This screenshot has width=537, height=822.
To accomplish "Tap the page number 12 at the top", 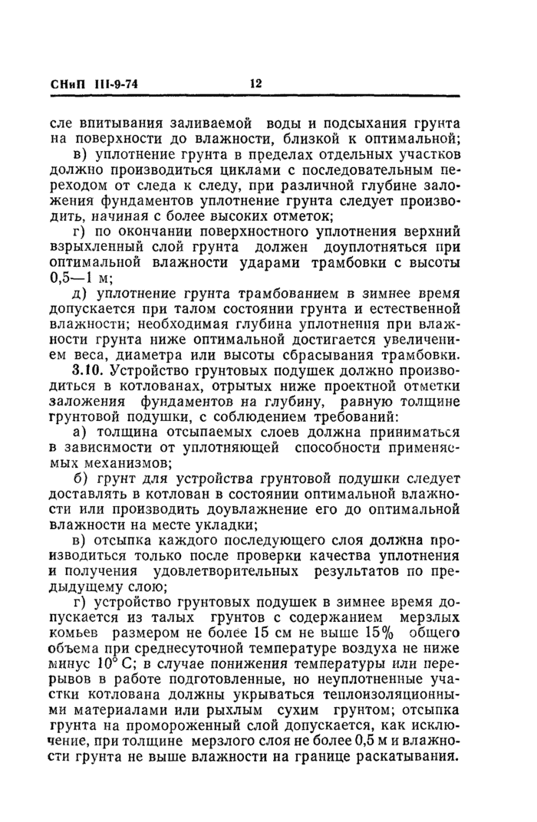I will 256,84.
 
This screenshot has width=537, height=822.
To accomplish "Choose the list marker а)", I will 79,434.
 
